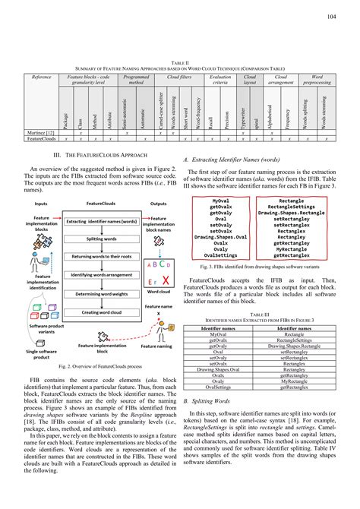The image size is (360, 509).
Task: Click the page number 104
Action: tap(331, 14)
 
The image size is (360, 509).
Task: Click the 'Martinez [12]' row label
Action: tap(40, 131)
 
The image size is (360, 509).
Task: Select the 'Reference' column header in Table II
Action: tap(41, 77)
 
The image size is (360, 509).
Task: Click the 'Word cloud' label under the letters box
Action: tap(159, 291)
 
